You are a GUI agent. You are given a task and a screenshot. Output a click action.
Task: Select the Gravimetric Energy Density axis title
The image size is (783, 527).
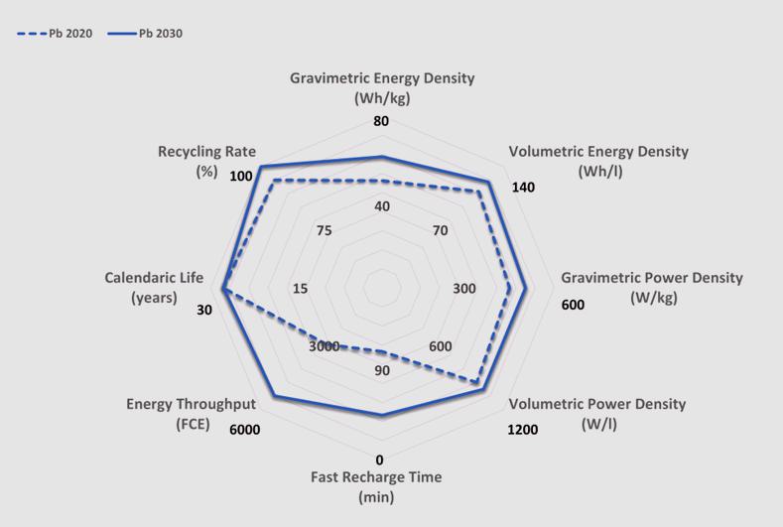(382, 87)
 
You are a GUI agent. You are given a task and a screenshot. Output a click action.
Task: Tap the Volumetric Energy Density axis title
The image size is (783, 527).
(597, 161)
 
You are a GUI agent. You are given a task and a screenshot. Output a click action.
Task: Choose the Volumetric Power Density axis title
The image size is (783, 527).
(596, 414)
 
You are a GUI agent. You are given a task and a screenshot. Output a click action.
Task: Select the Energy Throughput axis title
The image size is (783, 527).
(191, 414)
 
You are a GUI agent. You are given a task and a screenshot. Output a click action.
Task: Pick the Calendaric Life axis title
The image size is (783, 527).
(155, 288)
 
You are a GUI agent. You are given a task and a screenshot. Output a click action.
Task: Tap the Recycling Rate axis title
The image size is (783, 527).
(206, 161)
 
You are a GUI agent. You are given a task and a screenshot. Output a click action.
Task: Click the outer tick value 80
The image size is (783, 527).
(381, 122)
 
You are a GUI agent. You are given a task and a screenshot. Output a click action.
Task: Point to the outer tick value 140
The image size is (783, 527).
(523, 188)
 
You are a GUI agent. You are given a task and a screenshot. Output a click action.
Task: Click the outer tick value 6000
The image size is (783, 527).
(244, 430)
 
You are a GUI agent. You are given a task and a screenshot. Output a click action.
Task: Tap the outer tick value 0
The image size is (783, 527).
(380, 460)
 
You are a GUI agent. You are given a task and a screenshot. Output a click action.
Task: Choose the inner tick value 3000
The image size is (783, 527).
(324, 346)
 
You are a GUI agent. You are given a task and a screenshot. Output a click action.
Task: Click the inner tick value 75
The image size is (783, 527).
(324, 230)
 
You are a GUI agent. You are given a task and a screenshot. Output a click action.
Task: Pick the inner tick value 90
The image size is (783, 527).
(382, 371)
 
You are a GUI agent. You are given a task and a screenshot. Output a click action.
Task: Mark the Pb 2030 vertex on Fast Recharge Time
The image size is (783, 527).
(381, 415)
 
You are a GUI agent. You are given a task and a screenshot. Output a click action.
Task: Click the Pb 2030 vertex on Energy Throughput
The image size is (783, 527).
(273, 397)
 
